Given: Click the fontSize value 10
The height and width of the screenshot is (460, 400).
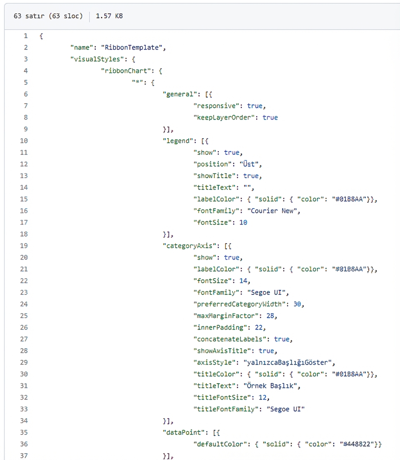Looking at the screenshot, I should pos(244,222).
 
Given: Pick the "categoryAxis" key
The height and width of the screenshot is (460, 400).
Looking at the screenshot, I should pos(189,246).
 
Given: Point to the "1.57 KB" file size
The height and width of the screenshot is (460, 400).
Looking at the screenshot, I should pos(109,16).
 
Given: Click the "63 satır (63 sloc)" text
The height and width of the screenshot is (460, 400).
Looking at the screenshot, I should pos(48,16).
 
